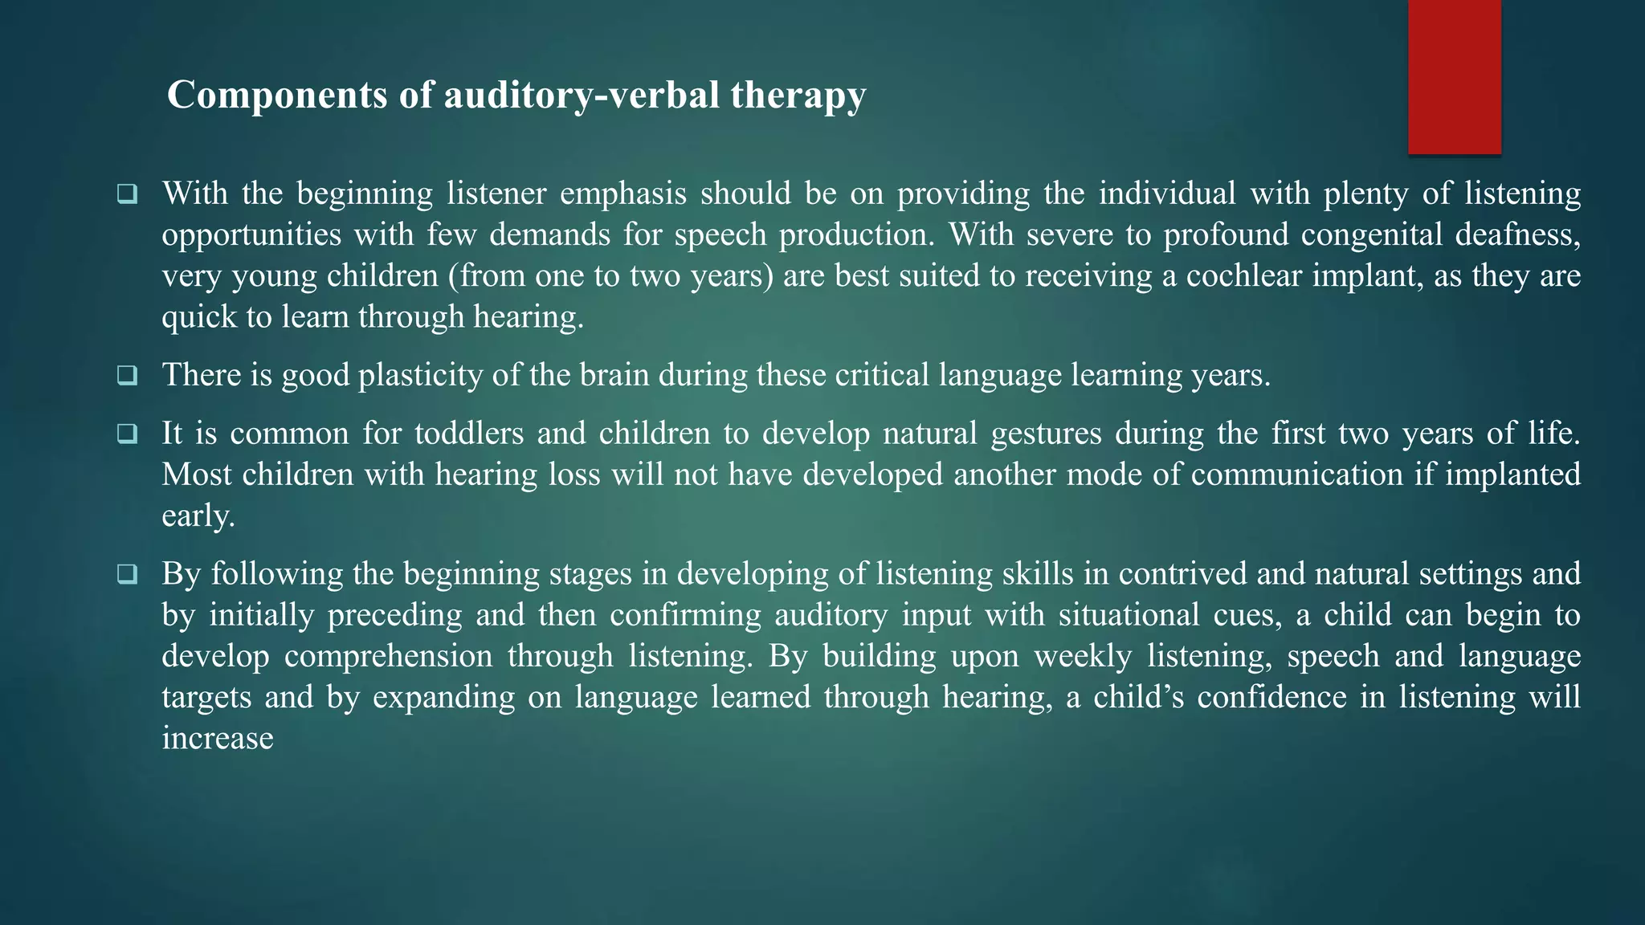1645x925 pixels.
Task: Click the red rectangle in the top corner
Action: click(1454, 77)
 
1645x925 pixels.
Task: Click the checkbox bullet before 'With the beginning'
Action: click(127, 194)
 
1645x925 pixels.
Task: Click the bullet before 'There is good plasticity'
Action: click(127, 376)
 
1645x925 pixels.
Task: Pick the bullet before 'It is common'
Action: click(127, 434)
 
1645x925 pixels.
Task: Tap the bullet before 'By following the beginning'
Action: click(127, 575)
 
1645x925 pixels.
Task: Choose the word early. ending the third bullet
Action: click(198, 516)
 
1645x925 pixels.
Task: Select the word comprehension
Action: click(388, 657)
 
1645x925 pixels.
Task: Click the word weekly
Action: click(1082, 657)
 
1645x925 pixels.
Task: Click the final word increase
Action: click(218, 739)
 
